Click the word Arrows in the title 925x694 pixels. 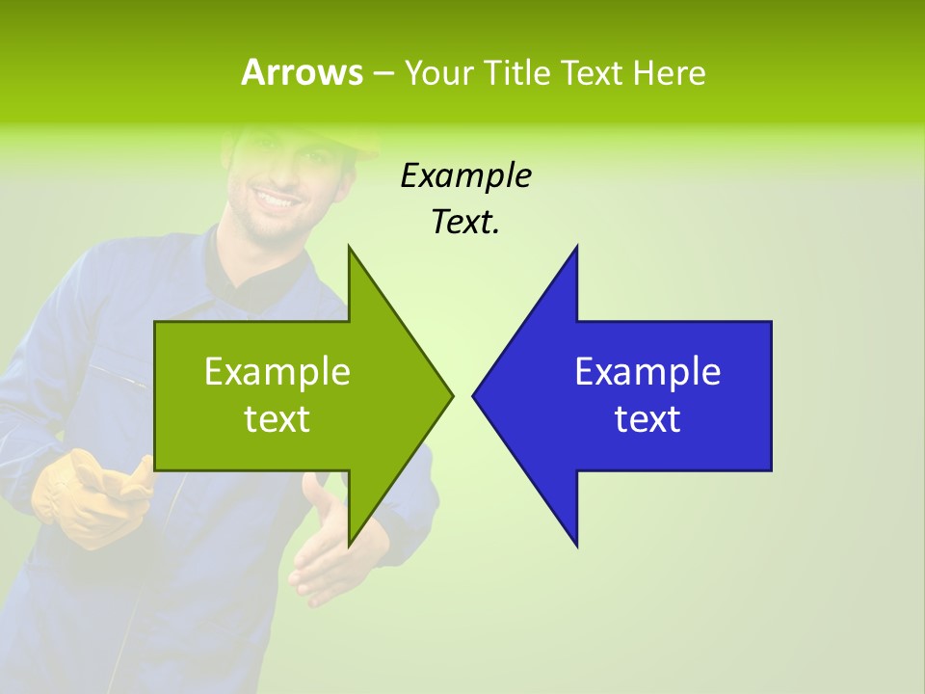tap(302, 72)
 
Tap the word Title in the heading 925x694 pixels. tap(517, 72)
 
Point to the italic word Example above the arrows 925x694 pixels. tap(465, 176)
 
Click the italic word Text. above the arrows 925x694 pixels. tap(465, 223)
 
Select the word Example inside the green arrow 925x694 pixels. tap(277, 372)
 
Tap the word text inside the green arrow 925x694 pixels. tap(277, 419)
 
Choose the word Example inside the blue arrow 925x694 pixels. tap(647, 372)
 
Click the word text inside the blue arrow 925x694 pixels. tap(647, 419)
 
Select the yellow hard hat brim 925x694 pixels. tap(366, 149)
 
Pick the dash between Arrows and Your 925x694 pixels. tap(383, 73)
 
